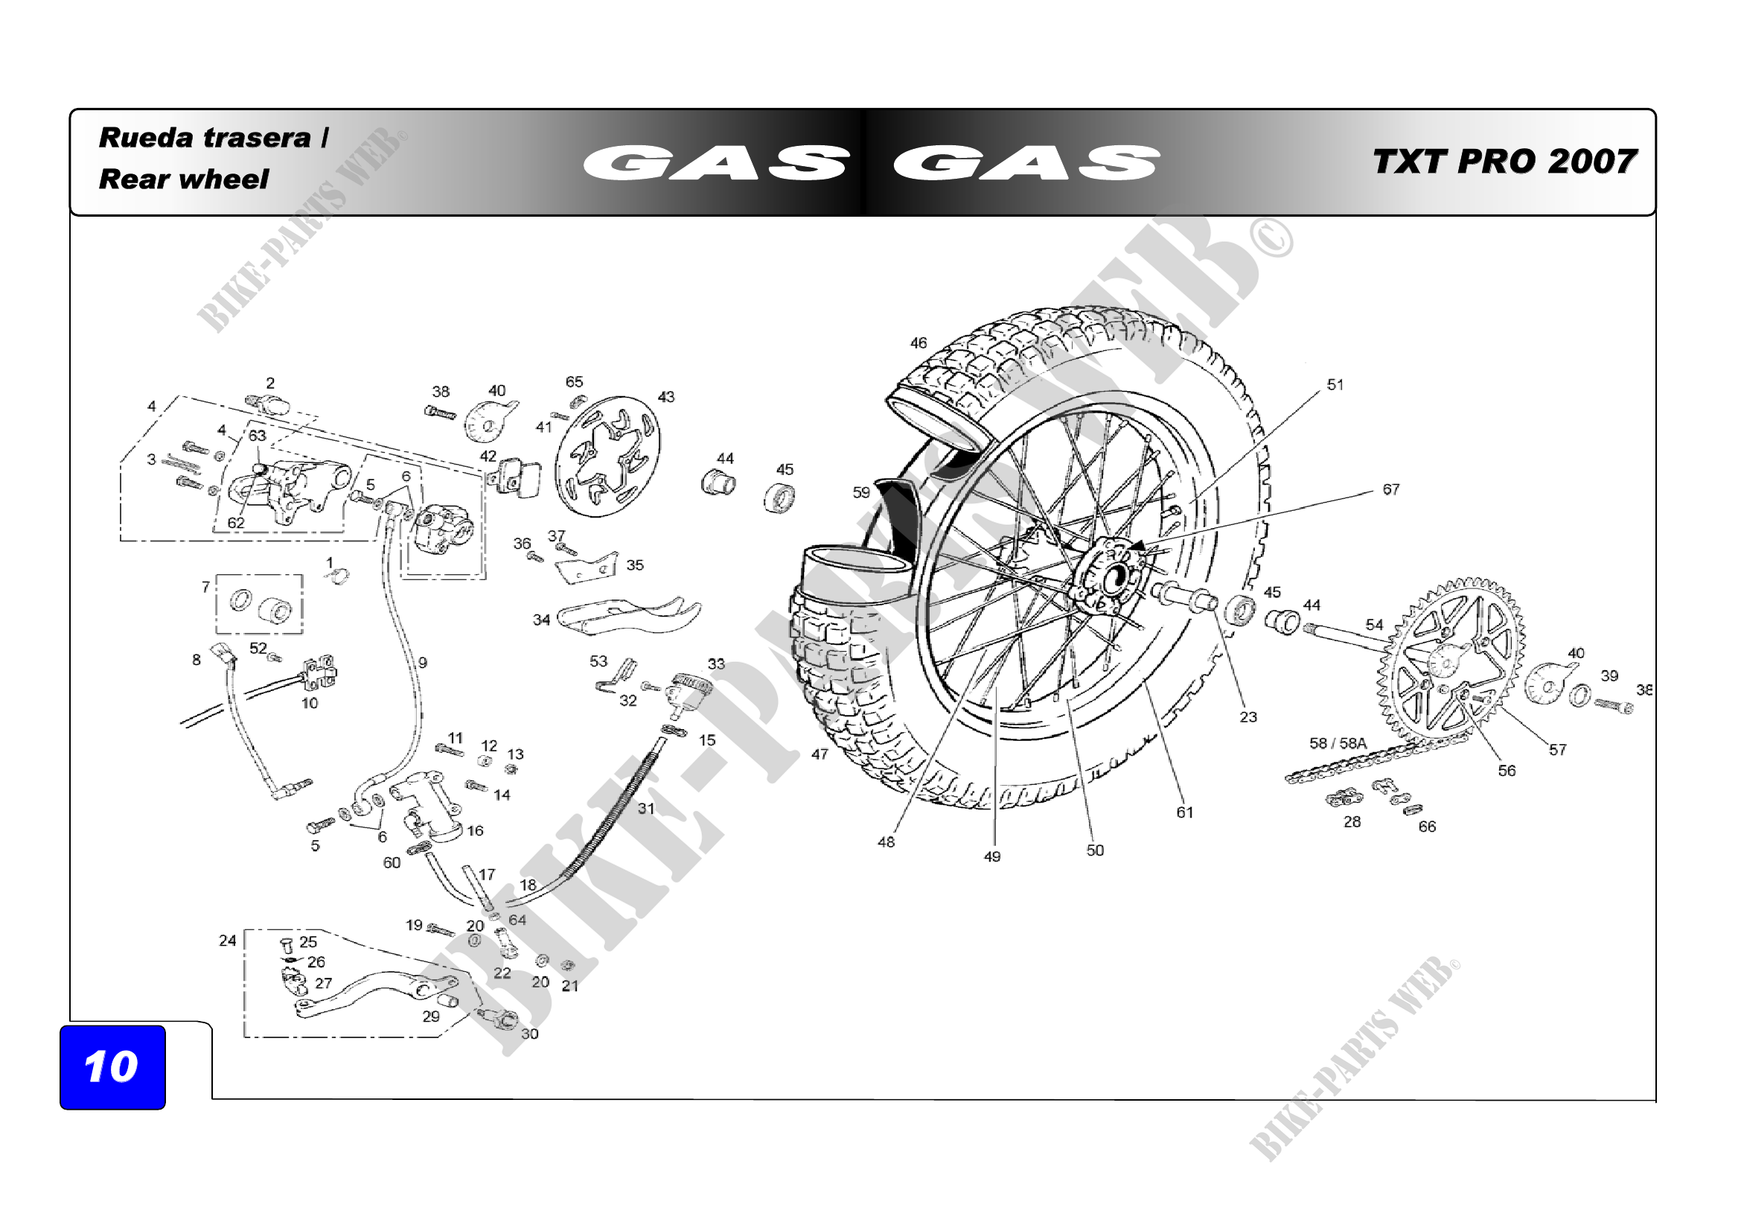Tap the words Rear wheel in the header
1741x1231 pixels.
pyautogui.click(x=184, y=179)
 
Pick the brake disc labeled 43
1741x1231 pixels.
pyautogui.click(x=607, y=456)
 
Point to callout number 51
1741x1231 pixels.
pyautogui.click(x=1335, y=385)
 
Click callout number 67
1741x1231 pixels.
pyautogui.click(x=1390, y=490)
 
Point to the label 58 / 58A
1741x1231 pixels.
pyautogui.click(x=1337, y=743)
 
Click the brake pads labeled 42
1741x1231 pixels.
pyautogui.click(x=518, y=478)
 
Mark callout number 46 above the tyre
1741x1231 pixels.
pyautogui.click(x=918, y=343)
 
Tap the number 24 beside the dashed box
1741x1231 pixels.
pyautogui.click(x=228, y=941)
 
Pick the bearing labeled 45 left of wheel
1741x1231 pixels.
pyautogui.click(x=779, y=497)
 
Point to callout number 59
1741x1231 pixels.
pyautogui.click(x=860, y=493)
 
